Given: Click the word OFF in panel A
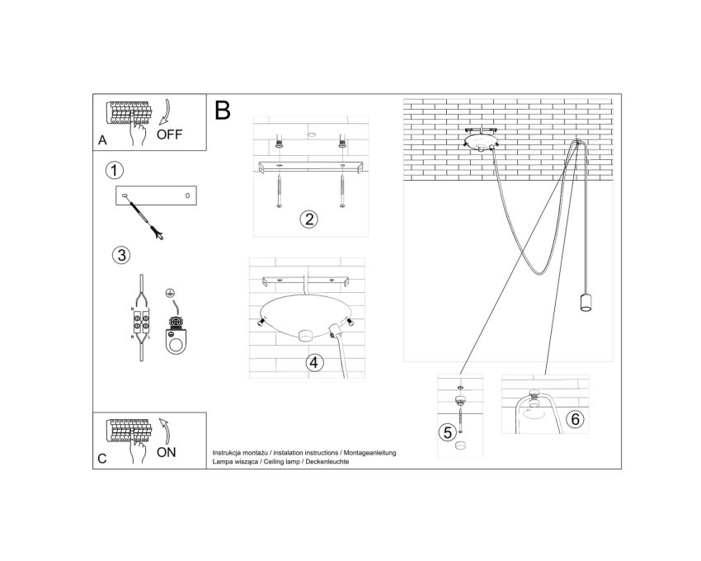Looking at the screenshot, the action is tap(169, 134).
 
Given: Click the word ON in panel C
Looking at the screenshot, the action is tap(167, 452).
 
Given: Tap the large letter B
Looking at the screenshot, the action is tap(223, 110).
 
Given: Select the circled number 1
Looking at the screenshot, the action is tap(115, 171).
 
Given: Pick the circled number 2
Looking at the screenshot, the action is tap(309, 219).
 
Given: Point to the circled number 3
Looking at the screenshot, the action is tap(121, 255).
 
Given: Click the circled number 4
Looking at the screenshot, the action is tap(314, 362).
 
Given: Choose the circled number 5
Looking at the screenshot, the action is tap(448, 432).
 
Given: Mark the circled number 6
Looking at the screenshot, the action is tap(575, 419).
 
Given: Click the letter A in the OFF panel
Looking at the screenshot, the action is tap(102, 140).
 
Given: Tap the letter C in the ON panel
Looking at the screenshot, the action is tap(102, 459).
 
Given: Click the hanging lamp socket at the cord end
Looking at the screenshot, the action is tap(586, 302).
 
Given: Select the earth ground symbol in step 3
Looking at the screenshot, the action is tap(169, 293).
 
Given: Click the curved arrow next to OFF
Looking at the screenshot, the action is tap(164, 112).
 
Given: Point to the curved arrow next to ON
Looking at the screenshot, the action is tap(165, 431).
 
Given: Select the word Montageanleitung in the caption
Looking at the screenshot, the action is tap(369, 453).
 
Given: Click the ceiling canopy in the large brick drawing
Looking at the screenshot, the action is tap(481, 140).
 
